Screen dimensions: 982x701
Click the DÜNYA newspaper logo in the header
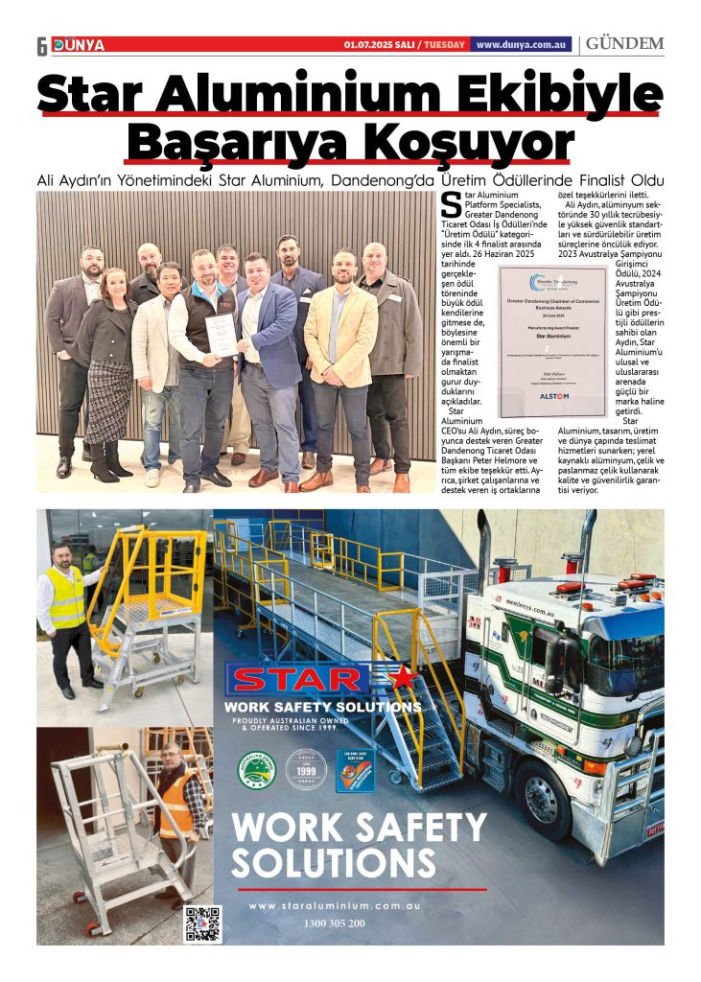pyautogui.click(x=79, y=45)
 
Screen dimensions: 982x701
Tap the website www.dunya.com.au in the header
pyautogui.click(x=523, y=44)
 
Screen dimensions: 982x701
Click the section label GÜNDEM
pyautogui.click(x=624, y=44)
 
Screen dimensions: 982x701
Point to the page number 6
pyautogui.click(x=42, y=46)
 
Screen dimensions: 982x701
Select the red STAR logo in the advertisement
pyautogui.click(x=299, y=679)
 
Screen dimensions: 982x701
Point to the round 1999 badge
pyautogui.click(x=307, y=769)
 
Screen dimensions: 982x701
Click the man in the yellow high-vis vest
pyautogui.click(x=65, y=614)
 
